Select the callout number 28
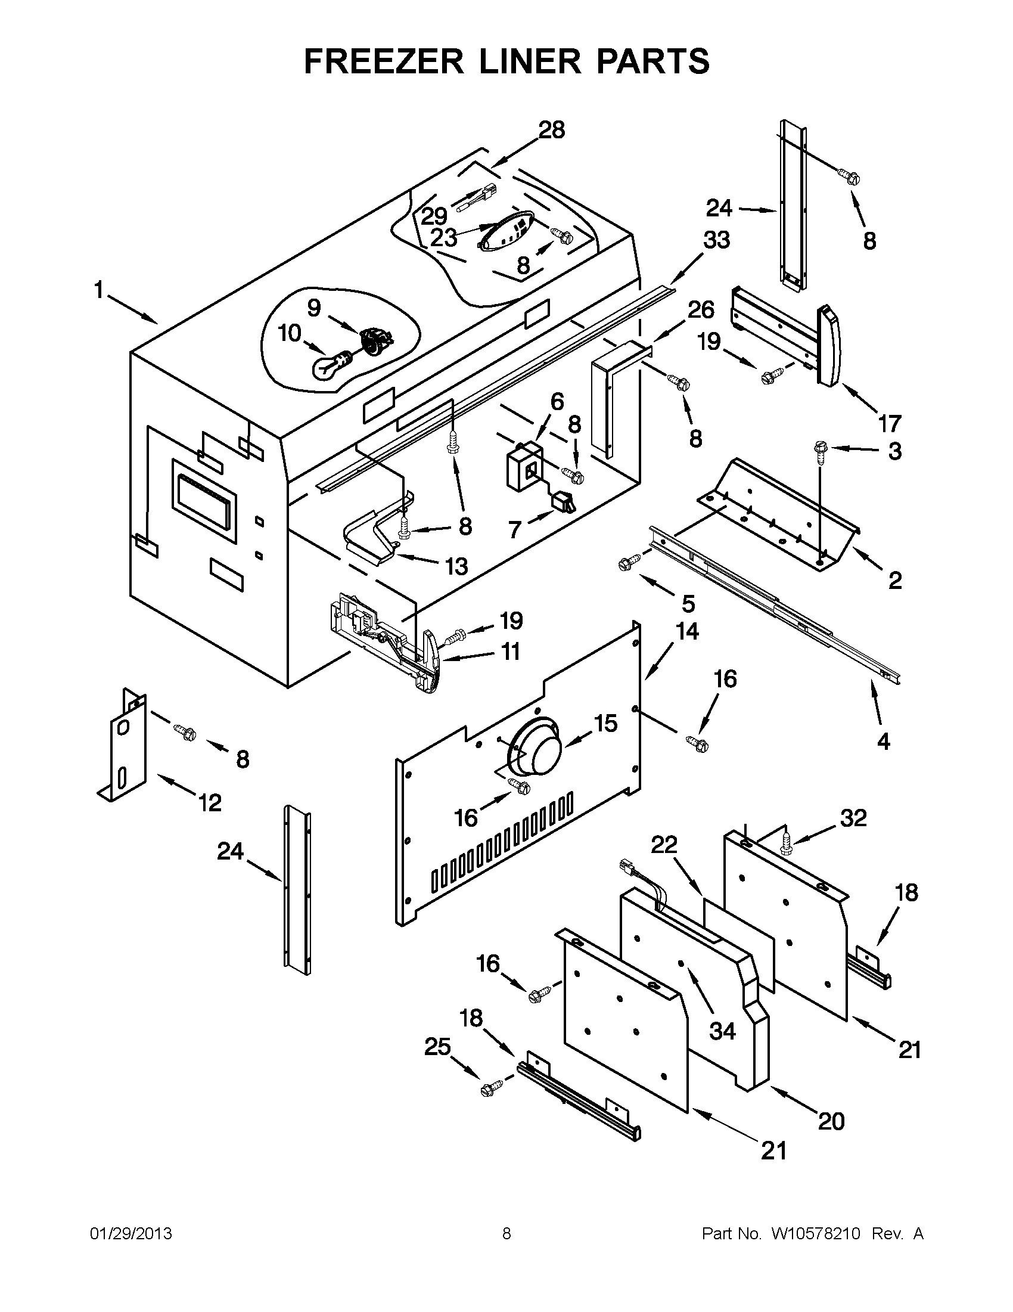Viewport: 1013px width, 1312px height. (551, 131)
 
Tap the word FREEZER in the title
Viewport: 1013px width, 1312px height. (383, 61)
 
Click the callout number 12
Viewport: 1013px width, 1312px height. (210, 802)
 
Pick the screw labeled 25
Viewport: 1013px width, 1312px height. (490, 1088)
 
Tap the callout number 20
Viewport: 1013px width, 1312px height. (831, 1121)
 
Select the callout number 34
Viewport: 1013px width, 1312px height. (722, 1031)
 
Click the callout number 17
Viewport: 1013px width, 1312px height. (890, 423)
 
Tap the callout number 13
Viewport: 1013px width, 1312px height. (457, 566)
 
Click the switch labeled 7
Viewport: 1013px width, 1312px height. (565, 501)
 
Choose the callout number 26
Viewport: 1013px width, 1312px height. (701, 309)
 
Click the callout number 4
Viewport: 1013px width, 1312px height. (883, 742)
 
